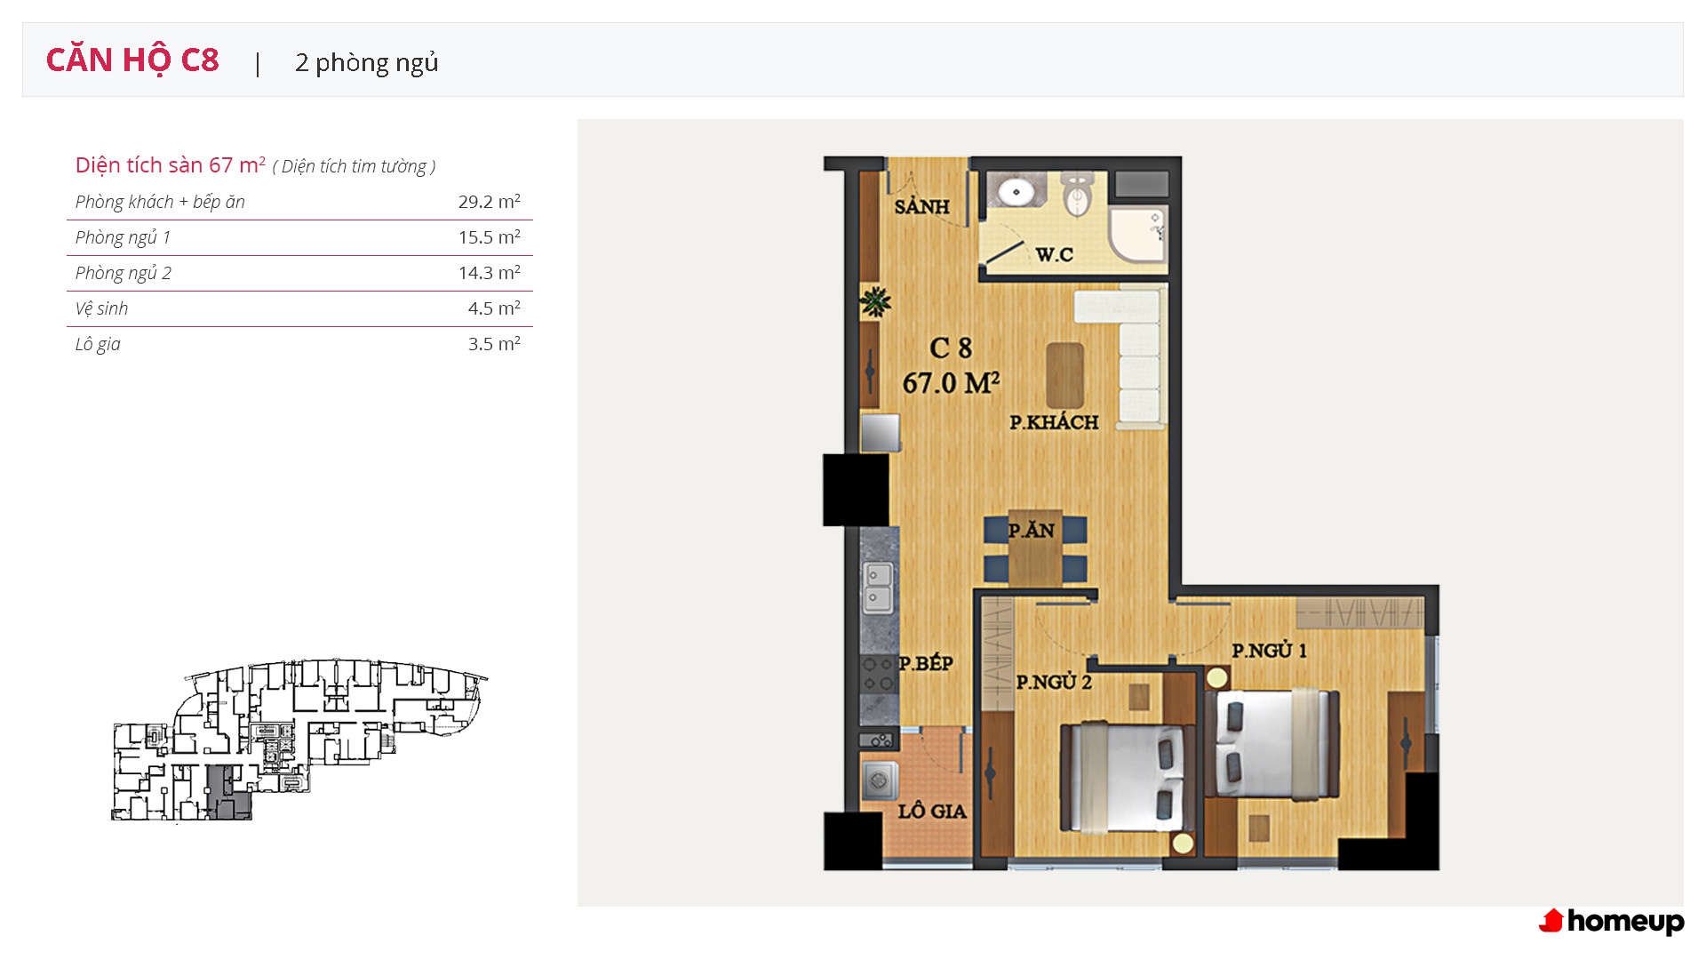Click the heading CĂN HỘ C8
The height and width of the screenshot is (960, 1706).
132,60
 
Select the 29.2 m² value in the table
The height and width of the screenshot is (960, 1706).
490,202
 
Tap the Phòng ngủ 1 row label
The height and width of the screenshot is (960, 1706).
123,237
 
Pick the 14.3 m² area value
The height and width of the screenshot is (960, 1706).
490,273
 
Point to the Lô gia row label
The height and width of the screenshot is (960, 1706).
98,344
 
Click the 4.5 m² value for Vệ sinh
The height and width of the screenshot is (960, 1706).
494,308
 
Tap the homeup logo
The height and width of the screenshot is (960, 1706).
1611,922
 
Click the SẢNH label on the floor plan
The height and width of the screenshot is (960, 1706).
921,206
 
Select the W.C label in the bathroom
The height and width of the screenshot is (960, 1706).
1055,254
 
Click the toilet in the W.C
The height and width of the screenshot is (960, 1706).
1077,194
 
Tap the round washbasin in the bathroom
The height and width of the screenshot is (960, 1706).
1016,190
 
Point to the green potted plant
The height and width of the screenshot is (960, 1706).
875,302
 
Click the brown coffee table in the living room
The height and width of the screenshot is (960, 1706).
1064,375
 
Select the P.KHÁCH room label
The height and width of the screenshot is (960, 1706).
1054,422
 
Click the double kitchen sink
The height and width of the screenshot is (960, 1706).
878,587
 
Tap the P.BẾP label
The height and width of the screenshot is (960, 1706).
926,663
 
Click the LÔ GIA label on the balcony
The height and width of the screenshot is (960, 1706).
932,811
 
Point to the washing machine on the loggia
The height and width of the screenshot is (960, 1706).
880,782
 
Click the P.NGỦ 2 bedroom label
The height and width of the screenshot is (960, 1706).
1054,682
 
